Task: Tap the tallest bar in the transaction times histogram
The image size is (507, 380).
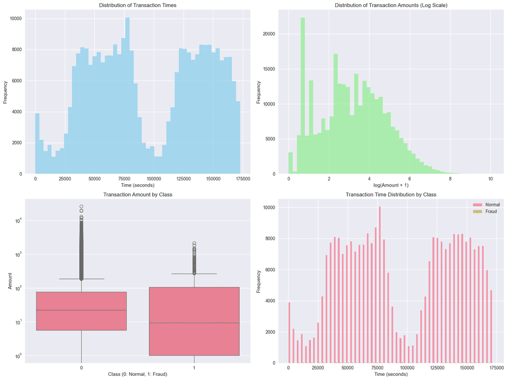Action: pyautogui.click(x=127, y=94)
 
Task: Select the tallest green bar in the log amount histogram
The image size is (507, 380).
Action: pyautogui.click(x=303, y=94)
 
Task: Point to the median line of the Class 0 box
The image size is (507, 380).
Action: pyautogui.click(x=82, y=310)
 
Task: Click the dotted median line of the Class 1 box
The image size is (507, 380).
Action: pyautogui.click(x=194, y=323)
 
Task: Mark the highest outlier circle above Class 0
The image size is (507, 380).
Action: pyautogui.click(x=82, y=207)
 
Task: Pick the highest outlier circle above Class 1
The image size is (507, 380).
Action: pyautogui.click(x=194, y=244)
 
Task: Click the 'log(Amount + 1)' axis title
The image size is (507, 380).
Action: pyautogui.click(x=391, y=186)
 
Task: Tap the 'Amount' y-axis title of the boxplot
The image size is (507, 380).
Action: pyautogui.click(x=10, y=281)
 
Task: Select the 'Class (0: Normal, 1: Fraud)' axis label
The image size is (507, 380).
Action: pyautogui.click(x=138, y=374)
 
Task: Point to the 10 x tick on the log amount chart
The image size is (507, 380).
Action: pyautogui.click(x=490, y=179)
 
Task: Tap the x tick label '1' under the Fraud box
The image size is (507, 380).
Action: pyautogui.click(x=194, y=368)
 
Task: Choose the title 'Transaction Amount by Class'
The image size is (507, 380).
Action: pyautogui.click(x=138, y=194)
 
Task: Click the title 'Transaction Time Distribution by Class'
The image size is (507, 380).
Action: pyautogui.click(x=391, y=194)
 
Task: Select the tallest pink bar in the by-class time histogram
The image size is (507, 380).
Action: pyautogui.click(x=380, y=281)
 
